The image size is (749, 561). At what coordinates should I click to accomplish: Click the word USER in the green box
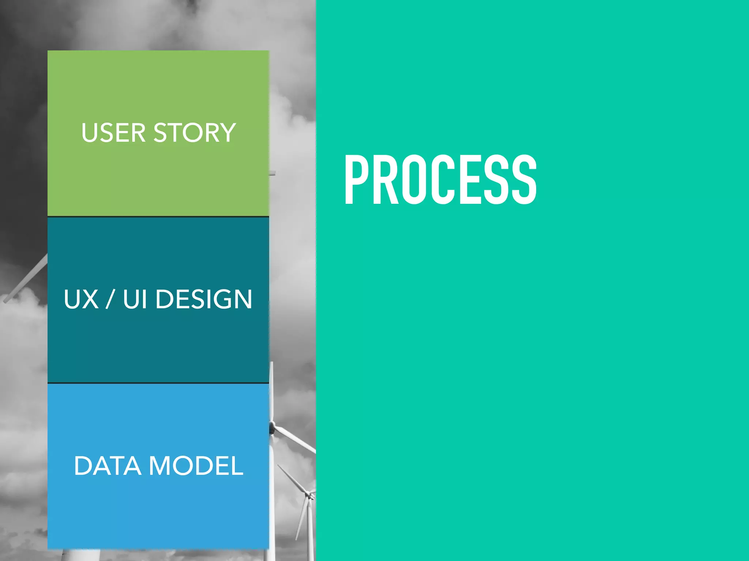[113, 133]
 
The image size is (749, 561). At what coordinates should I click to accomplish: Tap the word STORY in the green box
[195, 133]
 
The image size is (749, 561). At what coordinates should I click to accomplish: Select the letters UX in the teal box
[81, 299]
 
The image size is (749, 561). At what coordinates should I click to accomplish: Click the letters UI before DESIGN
[135, 299]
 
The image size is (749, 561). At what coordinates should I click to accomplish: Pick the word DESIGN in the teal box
[204, 299]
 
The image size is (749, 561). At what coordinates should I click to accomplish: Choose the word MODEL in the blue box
[196, 466]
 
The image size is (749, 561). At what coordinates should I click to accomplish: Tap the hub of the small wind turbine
[311, 495]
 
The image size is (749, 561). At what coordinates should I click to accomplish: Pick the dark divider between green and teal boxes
[158, 217]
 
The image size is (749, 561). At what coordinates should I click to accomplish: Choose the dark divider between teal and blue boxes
[158, 383]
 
